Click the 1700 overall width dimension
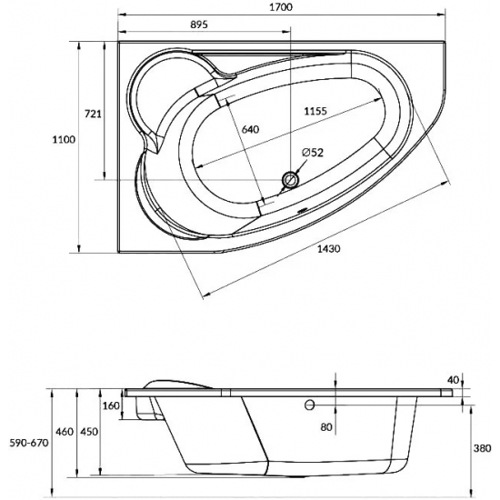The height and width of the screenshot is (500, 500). click(x=281, y=7)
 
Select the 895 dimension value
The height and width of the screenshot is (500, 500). click(x=199, y=25)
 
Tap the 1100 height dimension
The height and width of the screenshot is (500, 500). click(x=64, y=140)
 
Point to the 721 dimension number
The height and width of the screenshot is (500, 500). click(x=93, y=114)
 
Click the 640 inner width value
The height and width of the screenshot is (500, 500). click(x=250, y=129)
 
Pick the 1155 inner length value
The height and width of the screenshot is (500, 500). click(x=315, y=111)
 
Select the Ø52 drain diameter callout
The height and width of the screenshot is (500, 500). click(x=313, y=153)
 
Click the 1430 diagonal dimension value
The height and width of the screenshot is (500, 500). click(x=329, y=248)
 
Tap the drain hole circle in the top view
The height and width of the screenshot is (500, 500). click(x=290, y=180)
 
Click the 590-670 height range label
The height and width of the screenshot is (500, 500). click(x=29, y=443)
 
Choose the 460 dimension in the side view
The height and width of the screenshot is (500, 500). click(x=65, y=432)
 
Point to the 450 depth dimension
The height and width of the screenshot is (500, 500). click(x=89, y=432)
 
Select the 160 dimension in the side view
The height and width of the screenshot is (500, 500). click(x=111, y=406)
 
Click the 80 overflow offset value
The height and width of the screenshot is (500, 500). click(x=326, y=427)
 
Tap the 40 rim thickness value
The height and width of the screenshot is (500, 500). click(x=453, y=380)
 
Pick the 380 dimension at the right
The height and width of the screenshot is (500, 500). click(x=482, y=448)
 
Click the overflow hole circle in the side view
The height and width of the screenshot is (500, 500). click(x=310, y=405)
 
